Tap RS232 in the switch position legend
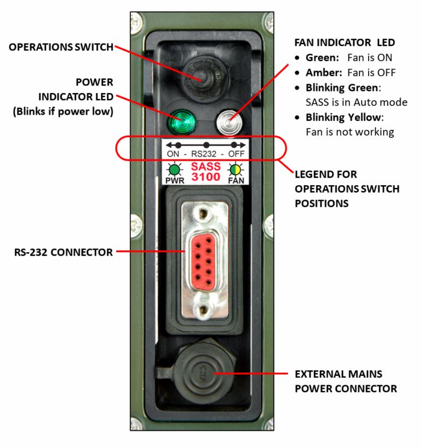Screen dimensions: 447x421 coord(205,155)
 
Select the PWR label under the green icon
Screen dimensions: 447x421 coord(173,180)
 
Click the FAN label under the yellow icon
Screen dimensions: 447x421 coord(236,180)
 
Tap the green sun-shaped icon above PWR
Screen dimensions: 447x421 coord(173,169)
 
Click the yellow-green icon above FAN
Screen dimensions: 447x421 coord(236,169)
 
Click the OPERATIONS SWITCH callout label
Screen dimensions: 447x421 coord(61,47)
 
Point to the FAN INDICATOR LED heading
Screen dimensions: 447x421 coord(345,42)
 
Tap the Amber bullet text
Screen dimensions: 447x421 coord(322,73)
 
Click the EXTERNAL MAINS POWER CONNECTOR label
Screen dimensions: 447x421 coord(346,381)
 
